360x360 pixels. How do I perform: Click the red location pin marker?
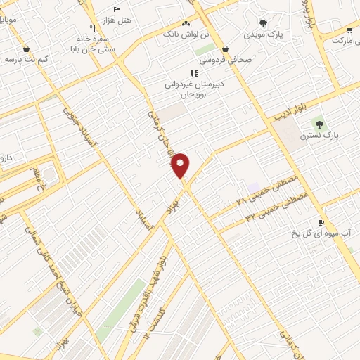[x=181, y=165]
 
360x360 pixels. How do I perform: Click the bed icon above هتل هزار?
[x=117, y=8]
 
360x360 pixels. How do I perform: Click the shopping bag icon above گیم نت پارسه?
[x=27, y=49]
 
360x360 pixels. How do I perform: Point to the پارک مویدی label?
[x=263, y=34]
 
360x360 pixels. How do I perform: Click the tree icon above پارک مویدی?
[x=263, y=22]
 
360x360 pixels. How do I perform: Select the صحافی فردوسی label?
[x=226, y=60]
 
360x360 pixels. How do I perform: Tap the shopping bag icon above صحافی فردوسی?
[x=225, y=49]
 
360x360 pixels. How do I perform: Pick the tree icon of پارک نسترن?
[x=319, y=124]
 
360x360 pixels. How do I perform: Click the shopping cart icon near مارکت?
[x=349, y=30]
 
